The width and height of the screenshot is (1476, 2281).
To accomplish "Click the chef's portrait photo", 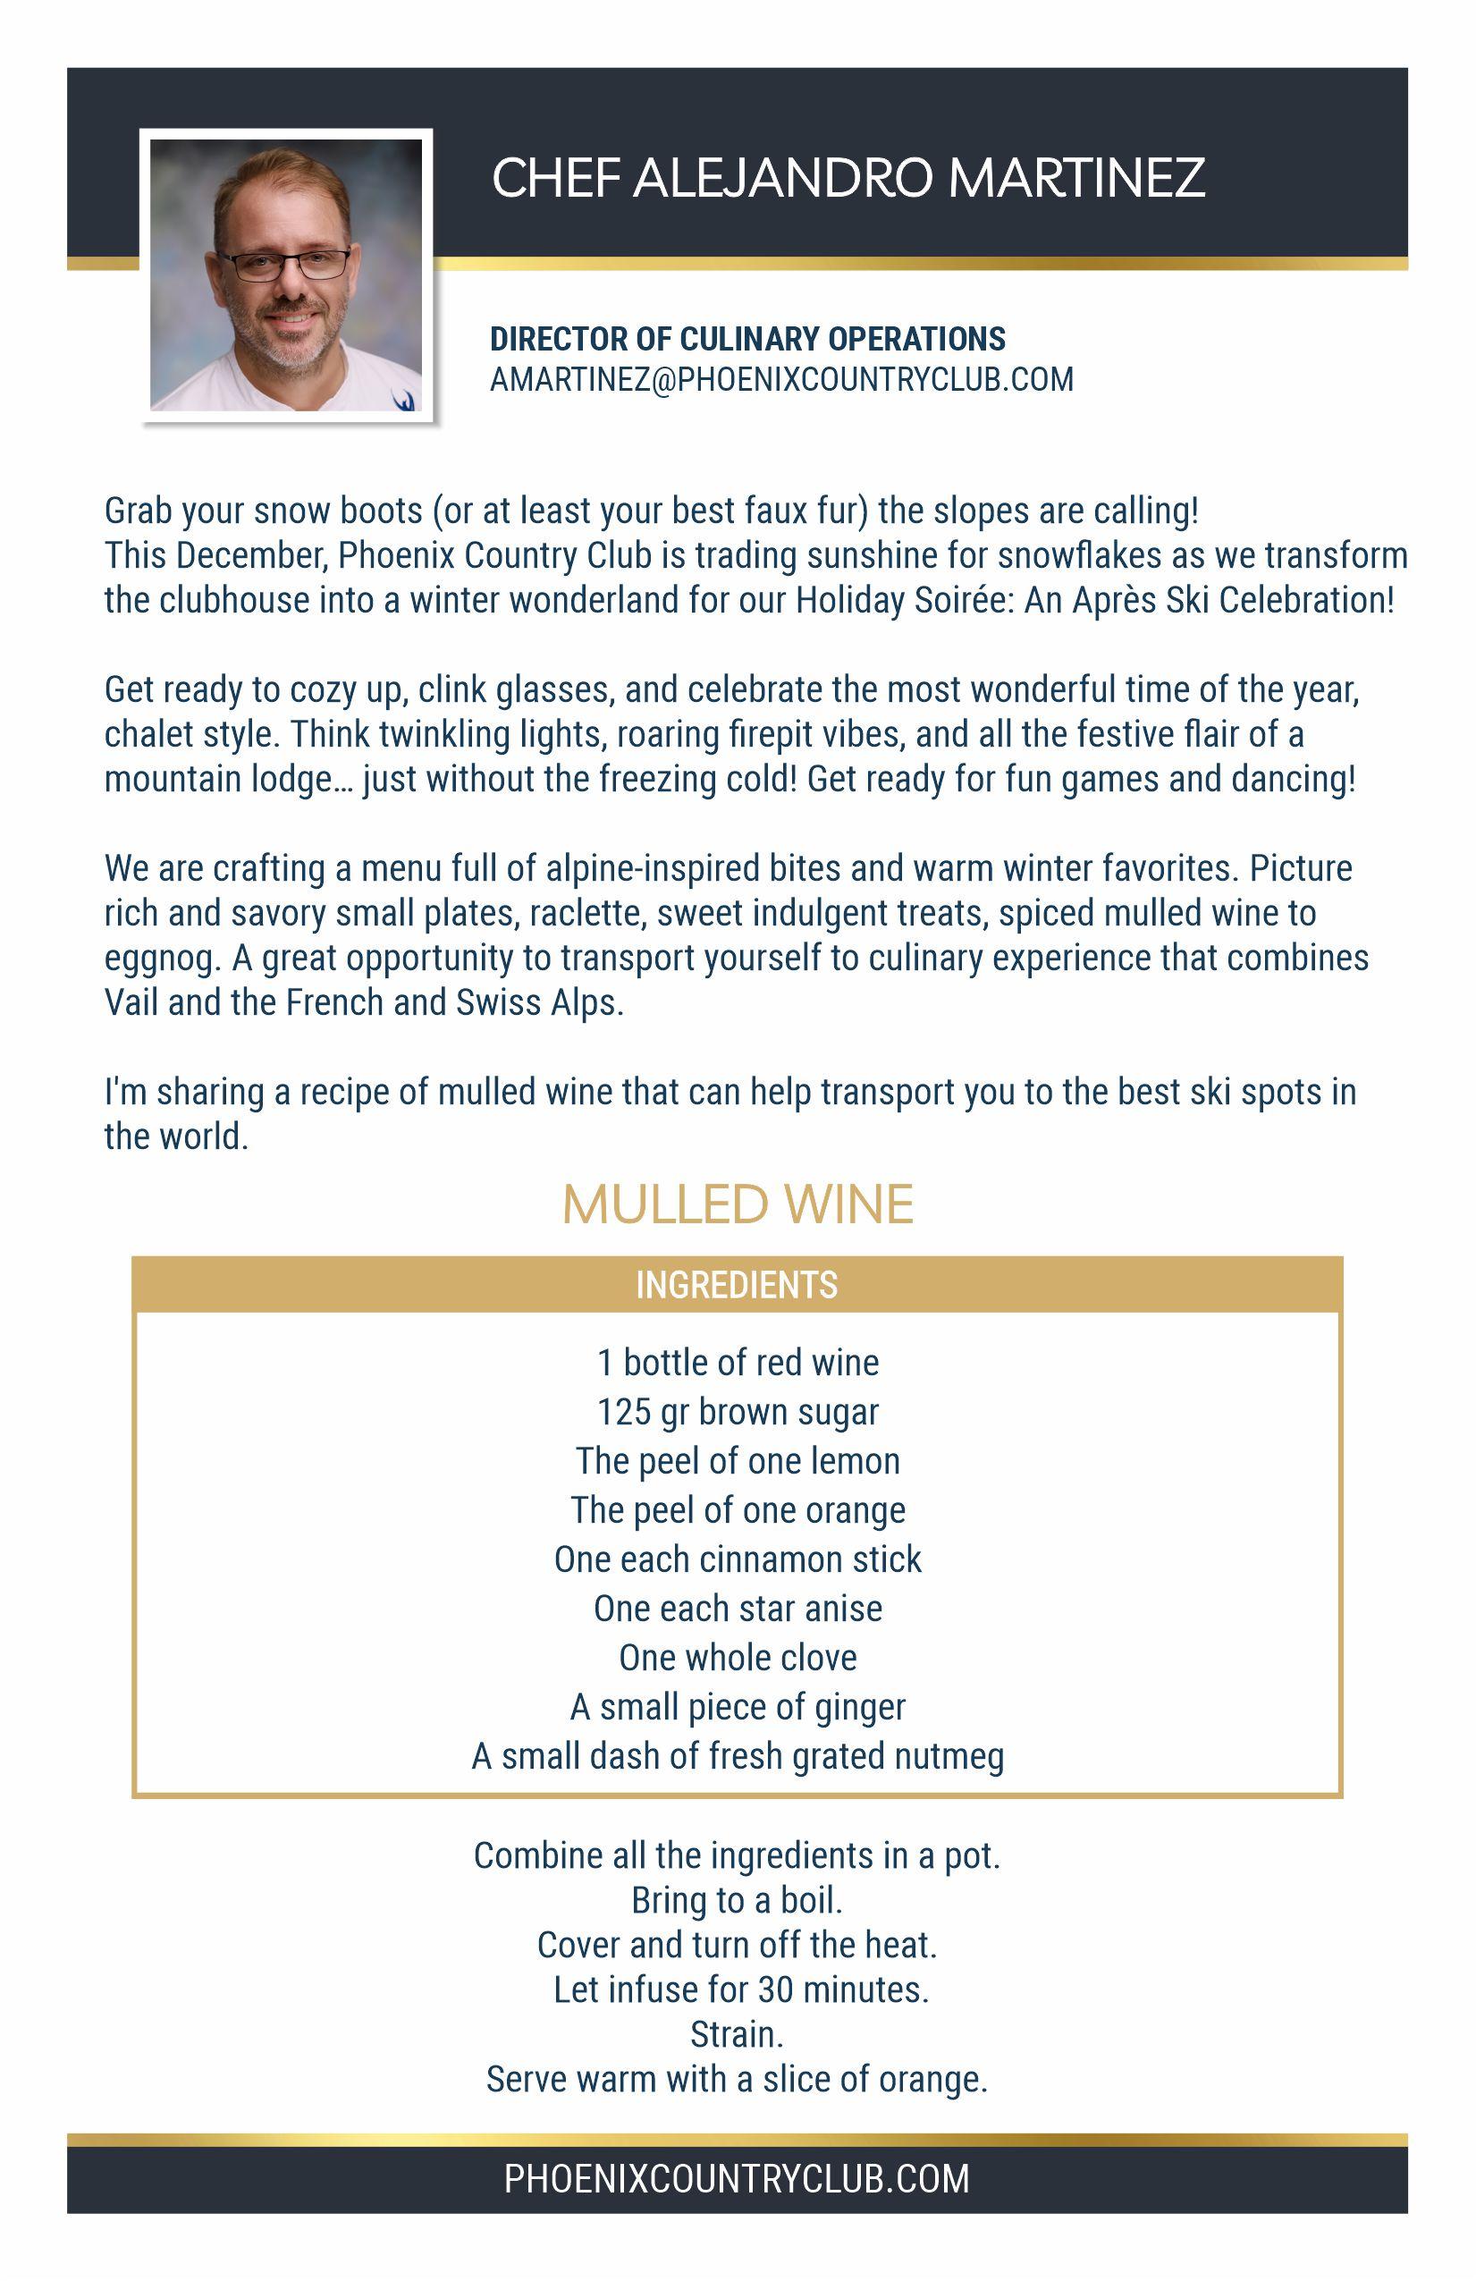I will click(x=285, y=275).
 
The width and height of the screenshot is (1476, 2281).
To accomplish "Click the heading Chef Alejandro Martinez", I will click(x=848, y=178).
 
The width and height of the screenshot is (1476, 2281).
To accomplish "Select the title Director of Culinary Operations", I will click(x=747, y=339).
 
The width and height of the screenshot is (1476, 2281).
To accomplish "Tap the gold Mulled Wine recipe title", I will click(x=737, y=1204).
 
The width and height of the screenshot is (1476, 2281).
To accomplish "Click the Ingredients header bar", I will click(x=737, y=1285).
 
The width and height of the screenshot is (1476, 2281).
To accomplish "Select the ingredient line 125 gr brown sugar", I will click(x=737, y=1412).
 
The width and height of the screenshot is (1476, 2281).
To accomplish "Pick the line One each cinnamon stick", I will click(x=737, y=1559).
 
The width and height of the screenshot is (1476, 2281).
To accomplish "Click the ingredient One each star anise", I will click(x=737, y=1609).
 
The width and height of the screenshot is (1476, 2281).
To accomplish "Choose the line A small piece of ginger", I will click(x=737, y=1707).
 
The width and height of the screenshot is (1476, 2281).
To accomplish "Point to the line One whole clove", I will click(x=737, y=1658).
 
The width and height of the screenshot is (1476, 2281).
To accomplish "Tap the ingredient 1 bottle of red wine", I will click(x=737, y=1363).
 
